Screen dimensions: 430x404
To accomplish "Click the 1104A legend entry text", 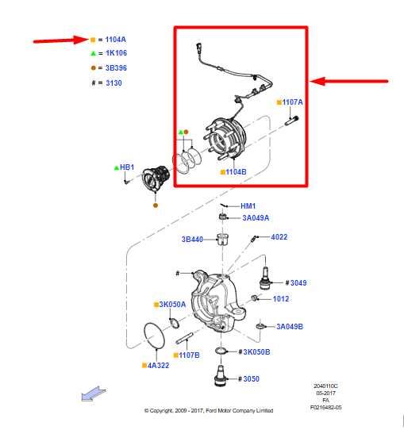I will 115,39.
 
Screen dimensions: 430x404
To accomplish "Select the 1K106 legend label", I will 115,53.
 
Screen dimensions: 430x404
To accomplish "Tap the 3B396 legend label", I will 115,67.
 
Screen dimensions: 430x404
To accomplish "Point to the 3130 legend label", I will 113,82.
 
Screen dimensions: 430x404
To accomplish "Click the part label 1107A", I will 293,102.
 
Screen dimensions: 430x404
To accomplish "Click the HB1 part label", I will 127,167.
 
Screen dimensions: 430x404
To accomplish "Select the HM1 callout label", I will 248,206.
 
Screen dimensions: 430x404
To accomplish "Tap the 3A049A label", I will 256,217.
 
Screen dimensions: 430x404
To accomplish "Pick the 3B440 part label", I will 193,239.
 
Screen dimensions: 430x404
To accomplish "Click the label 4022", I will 279,237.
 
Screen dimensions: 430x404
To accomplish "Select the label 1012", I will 281,299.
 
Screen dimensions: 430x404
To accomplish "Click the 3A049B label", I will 290,326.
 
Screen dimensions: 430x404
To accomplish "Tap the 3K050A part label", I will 172,304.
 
